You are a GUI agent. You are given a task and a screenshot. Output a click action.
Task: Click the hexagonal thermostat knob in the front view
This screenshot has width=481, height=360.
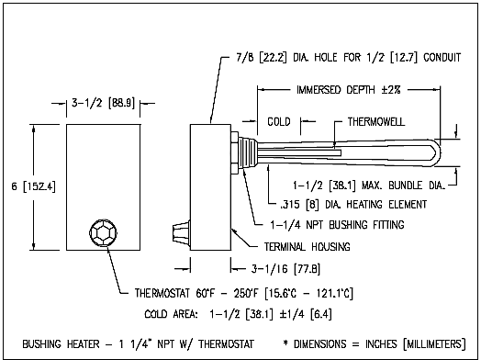click(104, 232)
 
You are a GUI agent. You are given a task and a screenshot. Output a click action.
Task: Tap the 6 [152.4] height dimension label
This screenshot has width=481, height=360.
click(34, 186)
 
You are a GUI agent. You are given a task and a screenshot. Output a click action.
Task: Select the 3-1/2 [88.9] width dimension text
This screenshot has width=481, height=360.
click(104, 103)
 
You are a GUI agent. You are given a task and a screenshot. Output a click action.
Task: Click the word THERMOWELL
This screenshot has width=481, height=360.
click(376, 122)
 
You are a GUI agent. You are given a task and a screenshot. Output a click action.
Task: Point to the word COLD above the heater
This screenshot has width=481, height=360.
click(279, 122)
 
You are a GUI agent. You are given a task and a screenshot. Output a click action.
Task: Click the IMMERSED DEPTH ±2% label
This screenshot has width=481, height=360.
click(349, 90)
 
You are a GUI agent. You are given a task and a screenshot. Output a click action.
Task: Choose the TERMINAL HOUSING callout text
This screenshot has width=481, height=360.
click(308, 246)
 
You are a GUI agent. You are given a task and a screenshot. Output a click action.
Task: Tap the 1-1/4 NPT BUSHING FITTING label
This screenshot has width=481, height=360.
click(337, 225)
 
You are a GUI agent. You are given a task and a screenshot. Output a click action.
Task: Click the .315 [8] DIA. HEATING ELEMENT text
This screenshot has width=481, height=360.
click(353, 205)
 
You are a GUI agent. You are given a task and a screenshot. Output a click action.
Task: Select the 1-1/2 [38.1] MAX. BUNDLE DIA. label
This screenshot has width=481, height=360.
click(369, 186)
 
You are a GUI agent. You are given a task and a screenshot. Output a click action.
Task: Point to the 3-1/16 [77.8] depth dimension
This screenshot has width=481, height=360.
click(285, 269)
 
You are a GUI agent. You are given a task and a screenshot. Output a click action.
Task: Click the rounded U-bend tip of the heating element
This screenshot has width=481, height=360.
click(437, 152)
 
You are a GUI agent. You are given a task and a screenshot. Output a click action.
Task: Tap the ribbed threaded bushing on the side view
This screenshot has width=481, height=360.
click(248, 152)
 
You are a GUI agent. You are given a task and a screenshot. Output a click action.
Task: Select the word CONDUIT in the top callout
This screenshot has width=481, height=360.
click(442, 57)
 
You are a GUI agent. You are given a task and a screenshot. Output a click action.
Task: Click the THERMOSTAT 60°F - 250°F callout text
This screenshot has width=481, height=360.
click(244, 293)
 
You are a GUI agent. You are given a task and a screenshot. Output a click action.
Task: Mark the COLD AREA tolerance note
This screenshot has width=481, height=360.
click(238, 314)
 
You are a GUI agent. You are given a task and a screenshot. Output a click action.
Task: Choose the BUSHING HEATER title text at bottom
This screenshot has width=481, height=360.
click(138, 343)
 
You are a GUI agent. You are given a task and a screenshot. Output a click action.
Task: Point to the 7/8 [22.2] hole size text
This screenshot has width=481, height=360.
click(262, 57)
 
